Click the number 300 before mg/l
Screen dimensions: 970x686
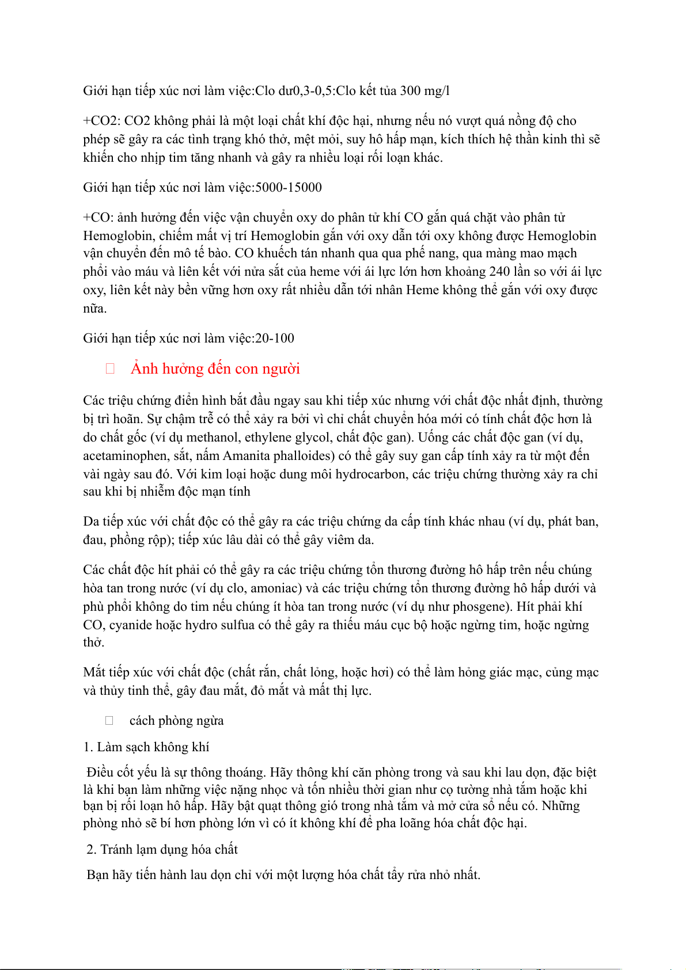pyautogui.click(x=410, y=91)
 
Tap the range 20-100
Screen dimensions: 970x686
pyautogui.click(x=275, y=338)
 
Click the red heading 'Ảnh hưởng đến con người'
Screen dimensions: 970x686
pyautogui.click(x=215, y=369)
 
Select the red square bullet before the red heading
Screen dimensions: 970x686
pyautogui.click(x=110, y=369)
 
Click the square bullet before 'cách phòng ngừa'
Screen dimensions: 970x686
pyautogui.click(x=109, y=721)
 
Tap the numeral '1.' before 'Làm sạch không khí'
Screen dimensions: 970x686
pyautogui.click(x=88, y=747)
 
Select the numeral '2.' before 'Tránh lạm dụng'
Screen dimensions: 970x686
pyautogui.click(x=92, y=850)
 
